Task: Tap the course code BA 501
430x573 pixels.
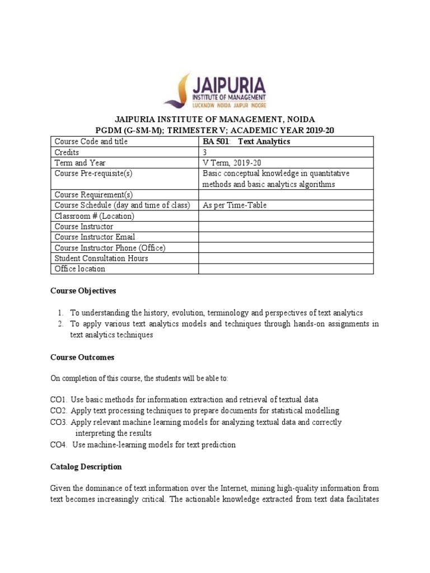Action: [216, 142]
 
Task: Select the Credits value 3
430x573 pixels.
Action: [204, 152]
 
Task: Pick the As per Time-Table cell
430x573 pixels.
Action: [234, 205]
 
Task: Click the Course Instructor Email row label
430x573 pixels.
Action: [95, 237]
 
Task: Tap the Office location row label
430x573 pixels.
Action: [80, 269]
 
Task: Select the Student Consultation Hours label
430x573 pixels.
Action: [101, 259]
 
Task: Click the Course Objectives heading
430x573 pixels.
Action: [83, 291]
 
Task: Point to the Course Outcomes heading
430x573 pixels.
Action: [82, 357]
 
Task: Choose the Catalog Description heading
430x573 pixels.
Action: [86, 467]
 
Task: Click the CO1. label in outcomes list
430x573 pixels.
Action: [58, 400]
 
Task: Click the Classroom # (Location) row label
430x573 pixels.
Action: [94, 216]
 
